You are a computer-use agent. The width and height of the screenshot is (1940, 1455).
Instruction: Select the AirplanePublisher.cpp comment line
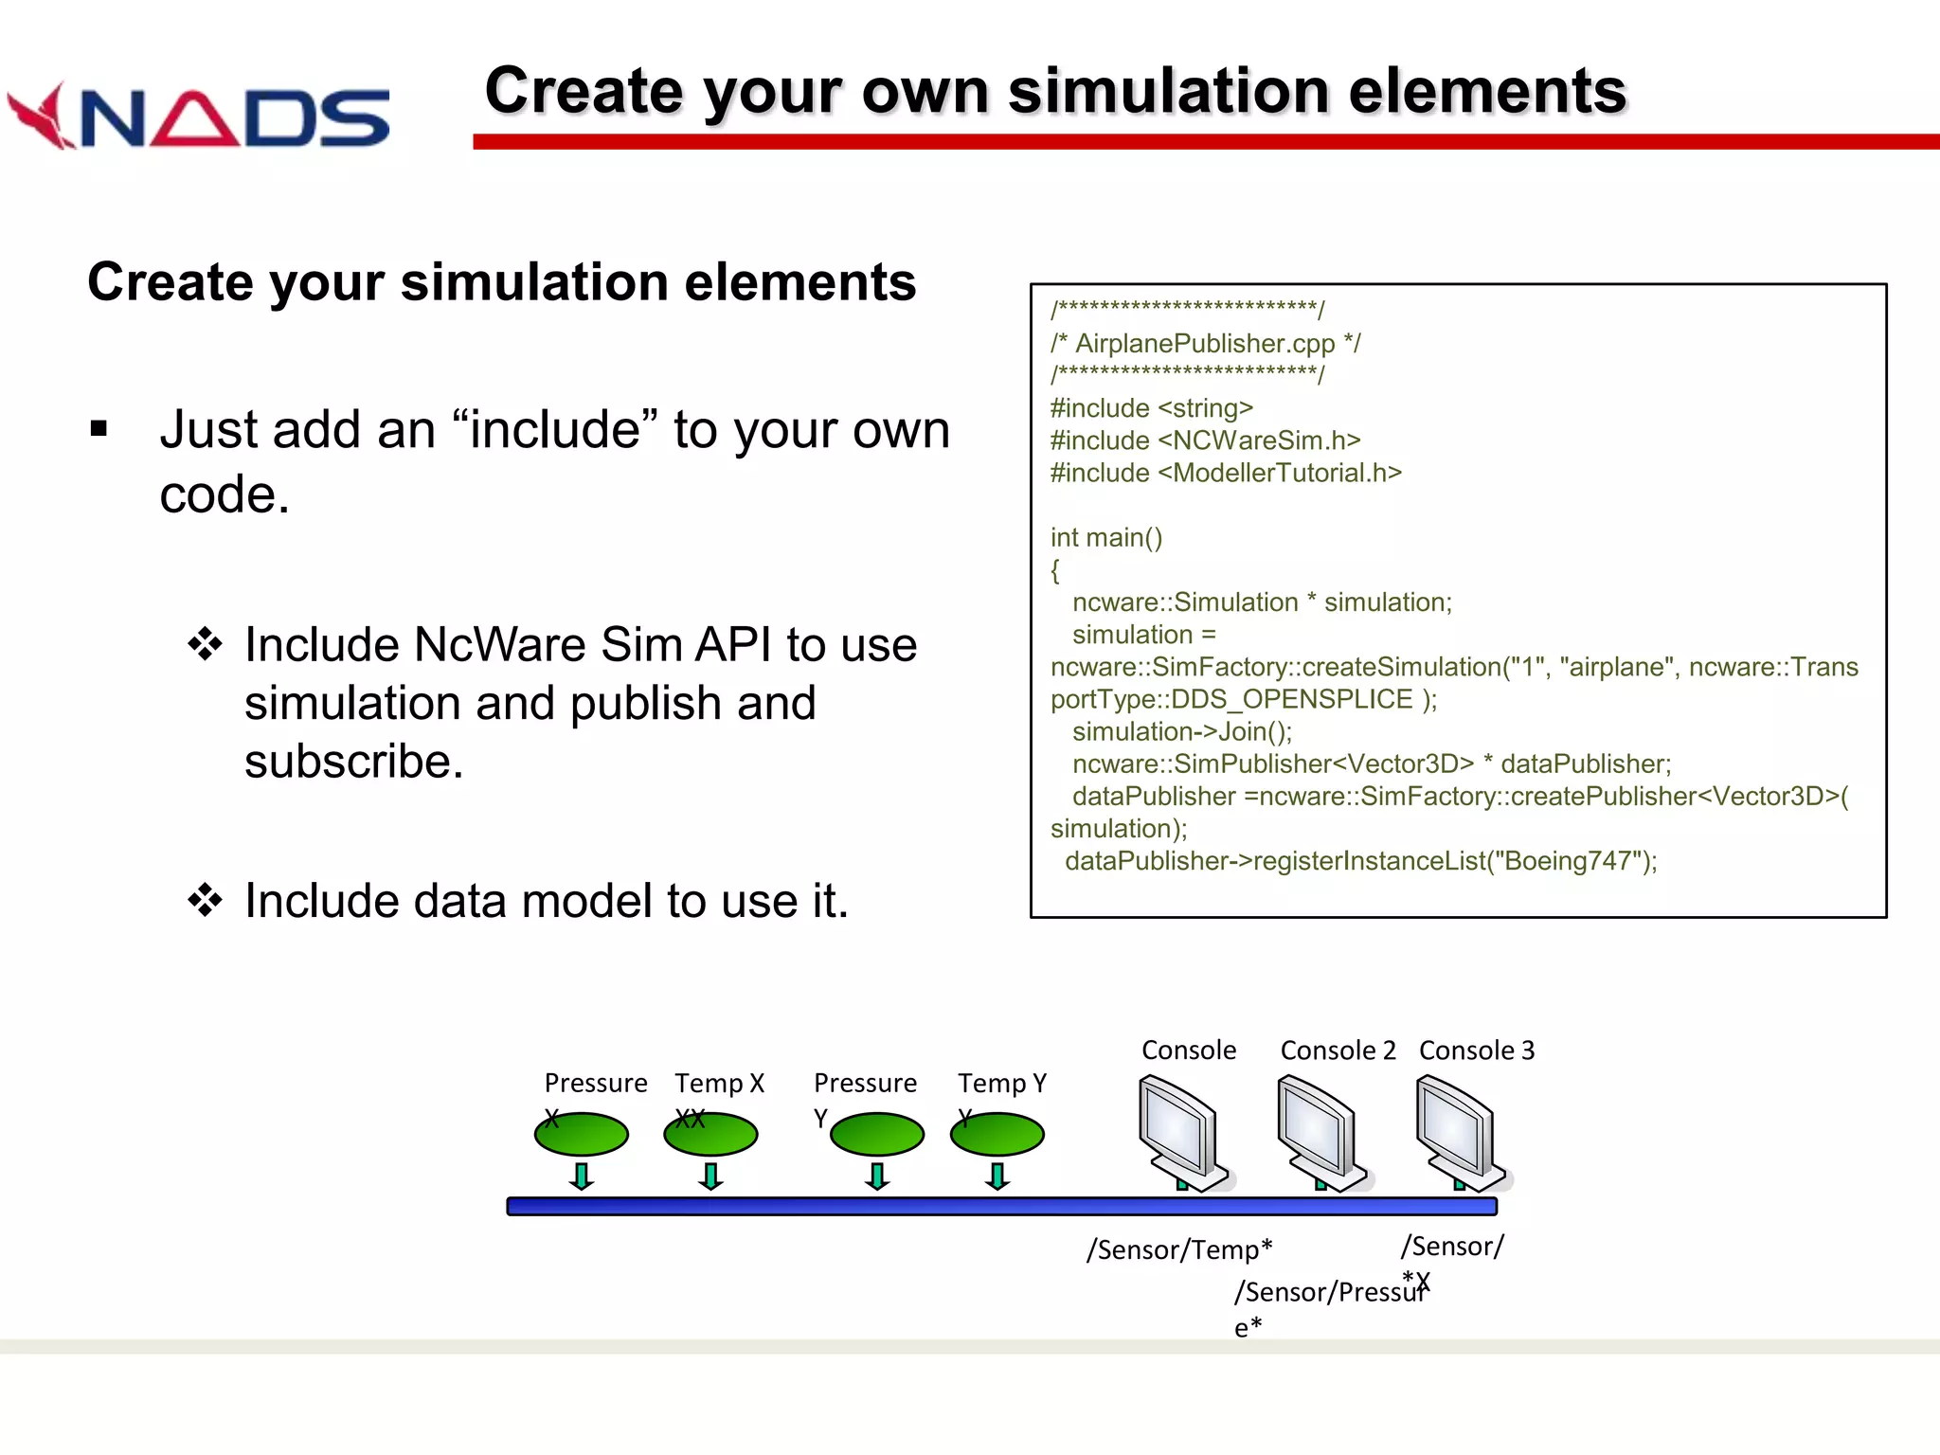coord(1205,343)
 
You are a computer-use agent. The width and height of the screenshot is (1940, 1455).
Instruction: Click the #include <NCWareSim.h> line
coord(1205,440)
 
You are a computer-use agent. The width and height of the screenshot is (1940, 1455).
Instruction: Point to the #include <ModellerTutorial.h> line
coord(1225,473)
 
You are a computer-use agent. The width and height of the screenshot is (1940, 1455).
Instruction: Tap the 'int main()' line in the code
coord(1105,537)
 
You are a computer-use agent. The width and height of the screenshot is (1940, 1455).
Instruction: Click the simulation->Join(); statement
coord(1181,731)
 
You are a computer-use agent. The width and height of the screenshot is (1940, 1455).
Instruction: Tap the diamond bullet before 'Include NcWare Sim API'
coord(205,645)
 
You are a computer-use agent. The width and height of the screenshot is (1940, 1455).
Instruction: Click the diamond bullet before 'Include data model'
coord(205,900)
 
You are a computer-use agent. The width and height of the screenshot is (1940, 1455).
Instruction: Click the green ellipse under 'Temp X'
coord(711,1135)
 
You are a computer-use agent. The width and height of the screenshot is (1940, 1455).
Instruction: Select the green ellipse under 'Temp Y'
coord(997,1135)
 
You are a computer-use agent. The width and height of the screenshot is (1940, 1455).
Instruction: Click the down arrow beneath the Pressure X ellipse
coord(582,1176)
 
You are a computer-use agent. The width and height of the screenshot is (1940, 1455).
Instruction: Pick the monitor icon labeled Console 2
coord(1320,1131)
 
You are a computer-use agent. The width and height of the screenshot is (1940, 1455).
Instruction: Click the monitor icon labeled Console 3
coord(1458,1131)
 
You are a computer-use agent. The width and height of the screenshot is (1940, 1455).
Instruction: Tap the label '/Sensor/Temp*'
coord(1178,1249)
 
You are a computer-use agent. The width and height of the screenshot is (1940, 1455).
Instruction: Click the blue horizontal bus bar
coord(1001,1206)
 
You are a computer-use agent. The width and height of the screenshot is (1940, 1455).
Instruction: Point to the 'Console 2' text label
coord(1338,1051)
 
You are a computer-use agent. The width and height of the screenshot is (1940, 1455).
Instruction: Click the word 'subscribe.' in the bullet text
coord(354,762)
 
